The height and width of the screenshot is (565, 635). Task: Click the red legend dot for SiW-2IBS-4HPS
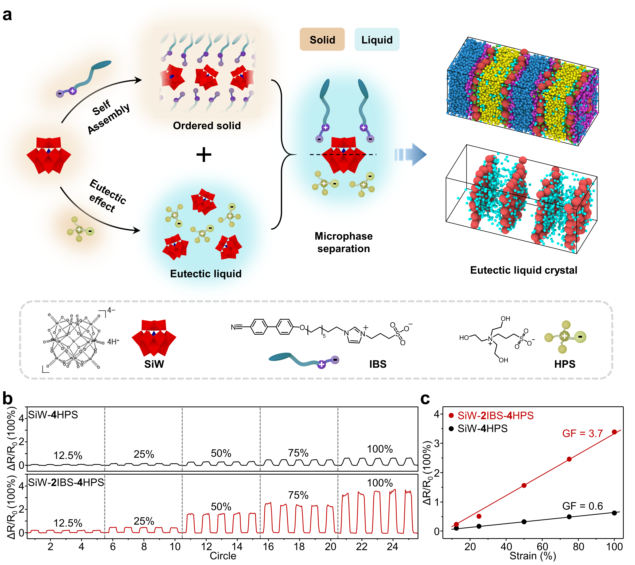pyautogui.click(x=451, y=415)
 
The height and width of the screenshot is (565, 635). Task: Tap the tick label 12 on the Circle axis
pyautogui.click(x=206, y=546)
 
